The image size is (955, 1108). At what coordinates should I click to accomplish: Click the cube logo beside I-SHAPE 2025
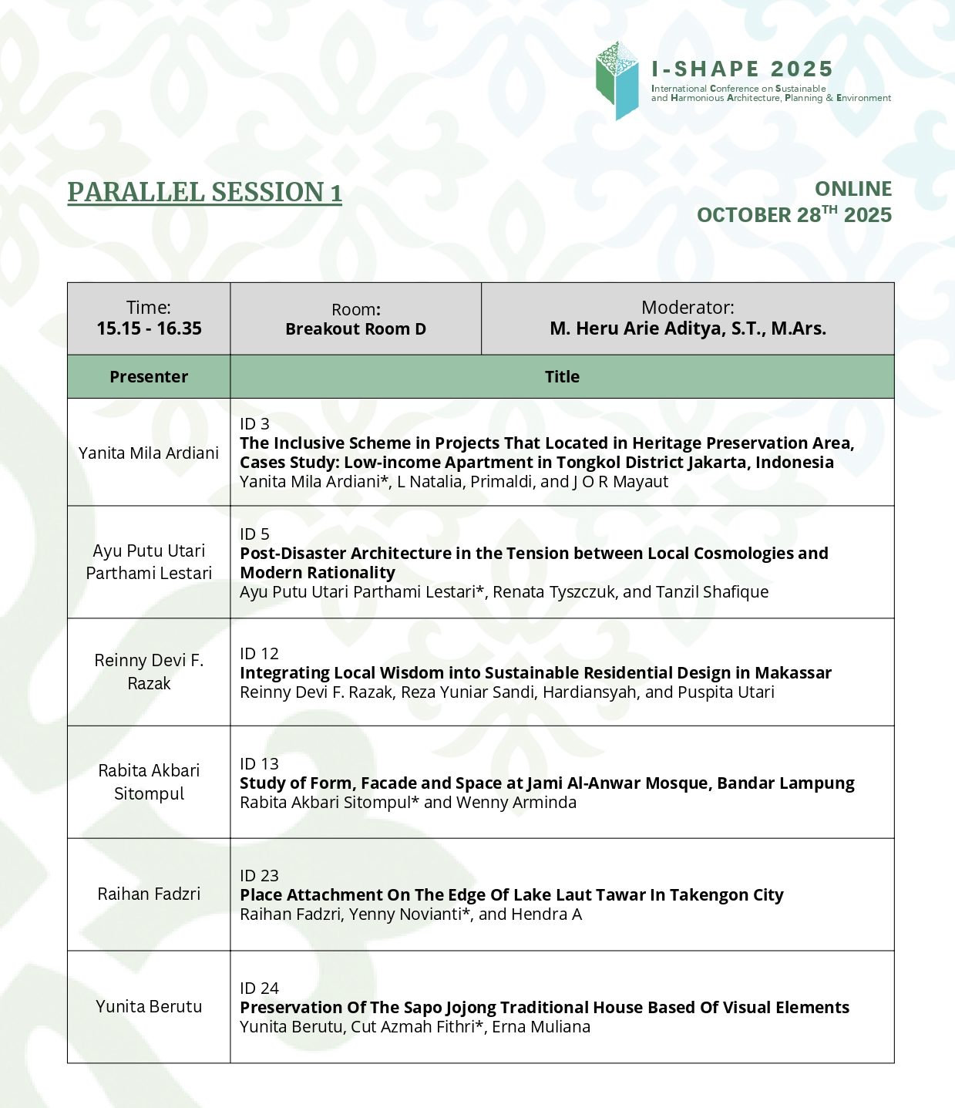pyautogui.click(x=617, y=81)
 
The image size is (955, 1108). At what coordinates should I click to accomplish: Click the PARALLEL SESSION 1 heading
pyautogui.click(x=204, y=192)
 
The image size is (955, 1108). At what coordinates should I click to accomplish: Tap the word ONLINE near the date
pyautogui.click(x=853, y=189)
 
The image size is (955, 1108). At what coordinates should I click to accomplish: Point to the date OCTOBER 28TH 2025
pyautogui.click(x=794, y=214)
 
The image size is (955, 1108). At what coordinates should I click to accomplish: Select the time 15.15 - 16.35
pyautogui.click(x=149, y=328)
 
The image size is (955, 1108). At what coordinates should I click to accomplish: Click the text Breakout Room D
pyautogui.click(x=355, y=329)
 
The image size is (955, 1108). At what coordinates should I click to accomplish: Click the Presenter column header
pyautogui.click(x=149, y=376)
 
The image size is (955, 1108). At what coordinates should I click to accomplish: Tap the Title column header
pyautogui.click(x=562, y=376)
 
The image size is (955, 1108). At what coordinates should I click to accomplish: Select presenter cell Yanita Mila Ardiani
pyautogui.click(x=149, y=453)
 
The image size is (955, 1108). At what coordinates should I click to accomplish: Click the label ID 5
pyautogui.click(x=254, y=534)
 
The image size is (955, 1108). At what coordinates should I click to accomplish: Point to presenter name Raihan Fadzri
pyautogui.click(x=149, y=894)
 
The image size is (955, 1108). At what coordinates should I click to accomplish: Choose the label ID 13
pyautogui.click(x=259, y=763)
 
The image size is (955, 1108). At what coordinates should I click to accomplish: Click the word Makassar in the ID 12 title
pyautogui.click(x=793, y=672)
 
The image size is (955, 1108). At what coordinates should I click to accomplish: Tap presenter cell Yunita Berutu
pyautogui.click(x=149, y=1006)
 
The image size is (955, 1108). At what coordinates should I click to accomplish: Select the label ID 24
pyautogui.click(x=259, y=988)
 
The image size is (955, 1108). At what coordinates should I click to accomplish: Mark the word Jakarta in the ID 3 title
pyautogui.click(x=715, y=462)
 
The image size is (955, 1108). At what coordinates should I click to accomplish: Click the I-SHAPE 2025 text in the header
pyautogui.click(x=742, y=69)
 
